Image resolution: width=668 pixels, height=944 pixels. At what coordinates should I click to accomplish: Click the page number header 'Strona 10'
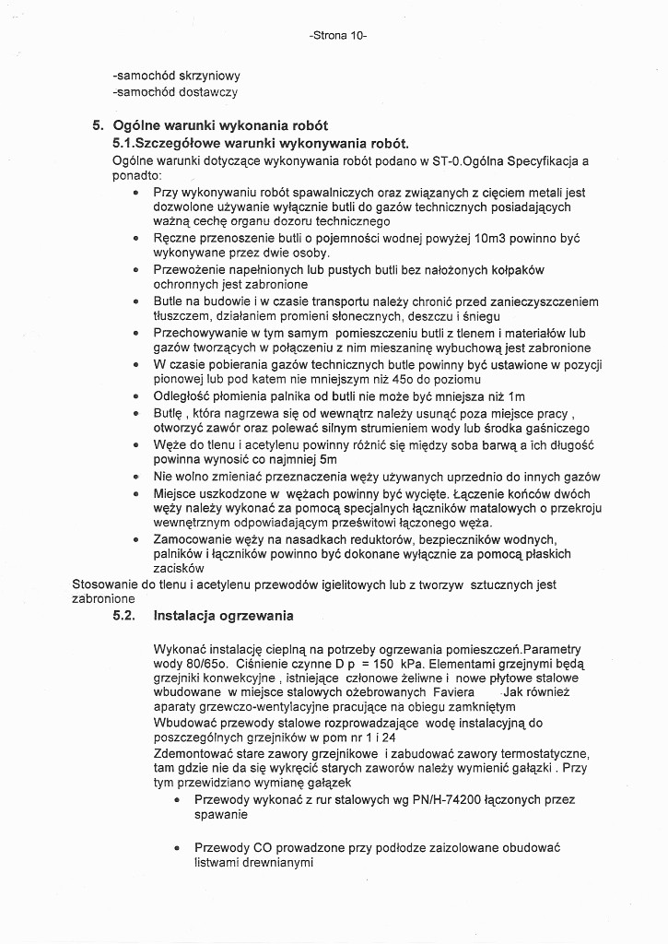point(339,36)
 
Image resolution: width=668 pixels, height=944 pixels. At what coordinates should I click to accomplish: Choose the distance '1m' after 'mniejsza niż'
point(516,395)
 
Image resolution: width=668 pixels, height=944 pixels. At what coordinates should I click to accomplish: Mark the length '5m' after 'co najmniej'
point(327,458)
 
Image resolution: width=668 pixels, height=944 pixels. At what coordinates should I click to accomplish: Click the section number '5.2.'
point(124,615)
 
